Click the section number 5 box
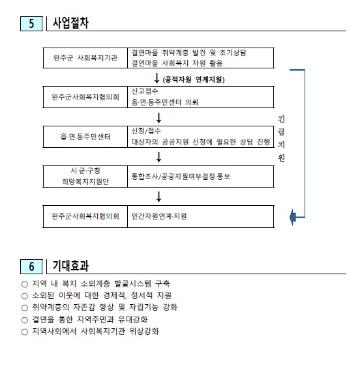pyautogui.click(x=31, y=23)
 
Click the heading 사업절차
pyautogui.click(x=70, y=23)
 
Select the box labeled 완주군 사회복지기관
pyautogui.click(x=85, y=58)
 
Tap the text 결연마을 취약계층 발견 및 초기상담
pyautogui.click(x=189, y=53)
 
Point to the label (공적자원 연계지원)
pyautogui.click(x=194, y=79)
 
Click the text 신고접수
pyautogui.click(x=145, y=91)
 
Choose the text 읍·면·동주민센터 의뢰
pyautogui.click(x=165, y=102)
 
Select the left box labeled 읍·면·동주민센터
pyautogui.click(x=85, y=137)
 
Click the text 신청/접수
pyautogui.click(x=146, y=131)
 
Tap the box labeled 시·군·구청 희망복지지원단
pyautogui.click(x=85, y=177)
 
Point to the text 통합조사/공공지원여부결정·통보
pyautogui.click(x=181, y=177)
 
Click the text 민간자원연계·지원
pyautogui.click(x=159, y=216)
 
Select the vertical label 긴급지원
pyautogui.click(x=281, y=139)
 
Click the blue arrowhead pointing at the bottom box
pyautogui.click(x=293, y=217)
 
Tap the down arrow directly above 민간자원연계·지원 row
pyautogui.click(x=159, y=197)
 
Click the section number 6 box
pyautogui.click(x=31, y=266)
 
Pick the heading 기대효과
pyautogui.click(x=70, y=266)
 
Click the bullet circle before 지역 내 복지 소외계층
pyautogui.click(x=25, y=284)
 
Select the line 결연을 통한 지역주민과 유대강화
pyautogui.click(x=90, y=319)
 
